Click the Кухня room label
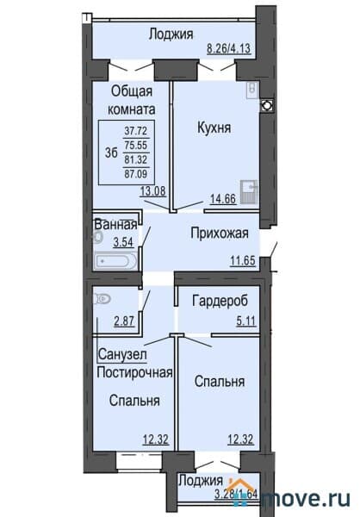[x=214, y=128]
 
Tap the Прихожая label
[x=219, y=233]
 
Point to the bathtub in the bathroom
[x=115, y=258]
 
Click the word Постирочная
[x=135, y=372]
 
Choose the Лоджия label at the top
[x=171, y=34]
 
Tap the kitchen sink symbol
[x=248, y=190]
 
